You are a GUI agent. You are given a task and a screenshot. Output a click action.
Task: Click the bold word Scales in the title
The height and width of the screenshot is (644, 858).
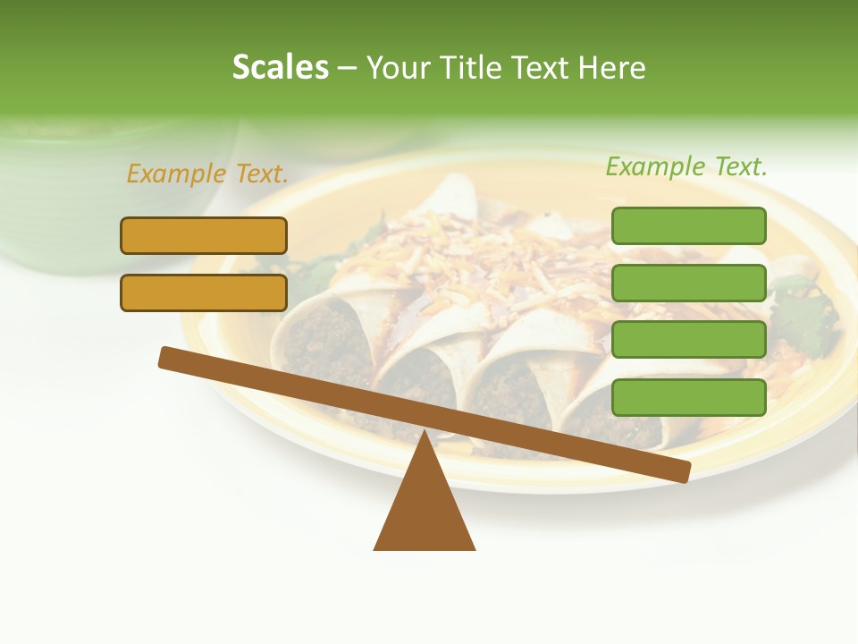[x=280, y=67]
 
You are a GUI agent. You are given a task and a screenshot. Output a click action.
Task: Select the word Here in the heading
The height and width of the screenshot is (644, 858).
[x=612, y=67]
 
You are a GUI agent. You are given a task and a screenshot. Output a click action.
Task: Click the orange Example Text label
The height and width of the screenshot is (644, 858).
[x=207, y=174]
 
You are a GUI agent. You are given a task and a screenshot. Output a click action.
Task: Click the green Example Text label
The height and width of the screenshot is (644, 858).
[x=686, y=166]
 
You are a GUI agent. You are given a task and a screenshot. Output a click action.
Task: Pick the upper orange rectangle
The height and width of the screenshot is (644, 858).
[x=204, y=235]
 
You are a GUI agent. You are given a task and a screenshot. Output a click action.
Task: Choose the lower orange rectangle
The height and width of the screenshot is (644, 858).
[x=204, y=292]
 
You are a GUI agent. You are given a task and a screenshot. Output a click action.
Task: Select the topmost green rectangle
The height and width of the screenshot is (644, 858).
[x=688, y=225]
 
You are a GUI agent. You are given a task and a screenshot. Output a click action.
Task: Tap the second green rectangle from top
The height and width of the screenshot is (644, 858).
[x=688, y=283]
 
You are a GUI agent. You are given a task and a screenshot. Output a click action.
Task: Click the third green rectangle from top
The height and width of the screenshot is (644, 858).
[x=688, y=340]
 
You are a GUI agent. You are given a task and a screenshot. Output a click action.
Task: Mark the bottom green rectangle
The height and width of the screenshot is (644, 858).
[x=688, y=397]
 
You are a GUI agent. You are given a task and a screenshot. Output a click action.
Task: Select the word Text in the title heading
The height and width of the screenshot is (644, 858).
[x=549, y=67]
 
